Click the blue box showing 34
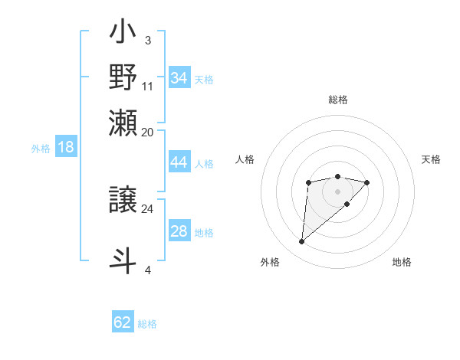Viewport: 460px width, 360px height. (x=179, y=78)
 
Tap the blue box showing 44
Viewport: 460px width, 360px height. (x=179, y=162)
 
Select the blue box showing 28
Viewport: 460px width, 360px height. (x=179, y=231)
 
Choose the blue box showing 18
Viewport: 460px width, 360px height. (x=65, y=147)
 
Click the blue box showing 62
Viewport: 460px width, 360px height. (x=123, y=322)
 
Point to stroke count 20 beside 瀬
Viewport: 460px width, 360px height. (x=148, y=132)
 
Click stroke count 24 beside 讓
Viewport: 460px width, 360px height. (x=148, y=208)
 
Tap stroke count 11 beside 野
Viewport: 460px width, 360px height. (x=148, y=86)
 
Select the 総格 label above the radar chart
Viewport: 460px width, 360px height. (x=338, y=100)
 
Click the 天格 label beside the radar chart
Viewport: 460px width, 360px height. (x=431, y=159)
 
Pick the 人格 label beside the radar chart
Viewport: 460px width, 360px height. (x=245, y=159)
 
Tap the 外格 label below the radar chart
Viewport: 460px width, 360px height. (x=269, y=263)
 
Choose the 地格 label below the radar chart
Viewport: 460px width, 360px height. (x=402, y=263)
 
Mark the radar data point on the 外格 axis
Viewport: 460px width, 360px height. (x=302, y=242)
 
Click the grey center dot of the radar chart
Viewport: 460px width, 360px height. (x=337, y=191)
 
